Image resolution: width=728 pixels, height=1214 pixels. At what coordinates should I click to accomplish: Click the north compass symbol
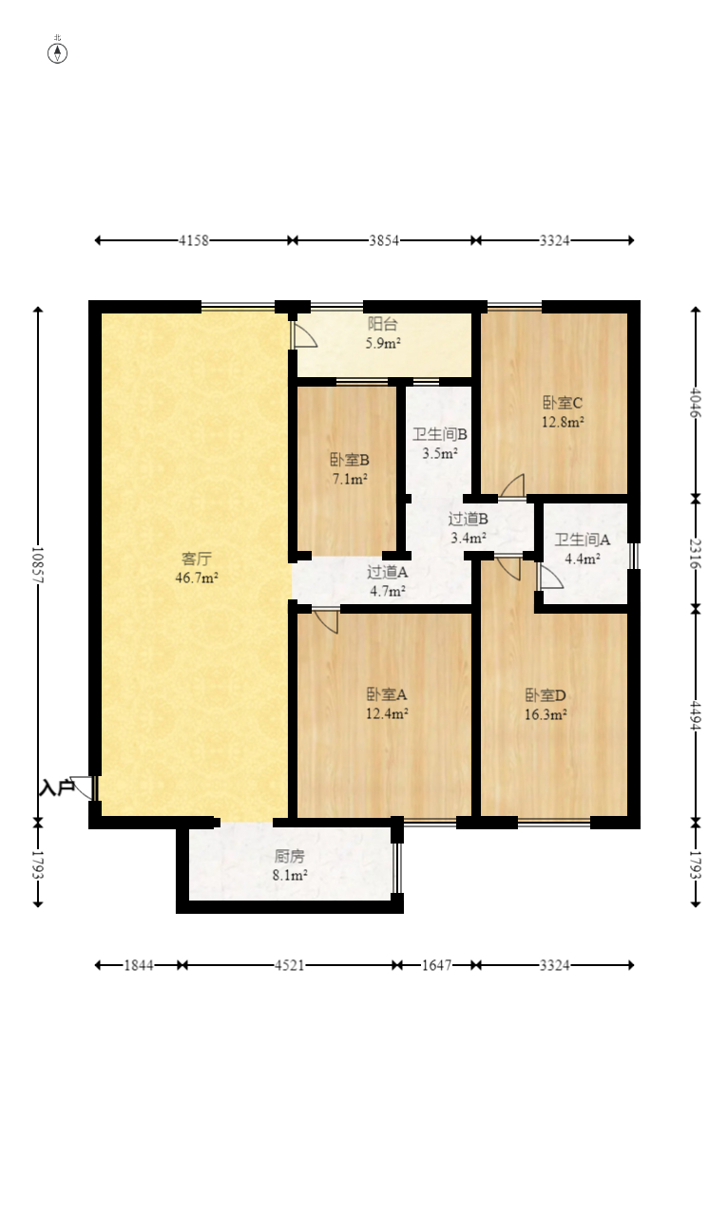(57, 53)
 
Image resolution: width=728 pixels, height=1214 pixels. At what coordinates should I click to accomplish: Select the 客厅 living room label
(196, 559)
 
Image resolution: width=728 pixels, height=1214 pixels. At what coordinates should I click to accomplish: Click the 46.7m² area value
(196, 578)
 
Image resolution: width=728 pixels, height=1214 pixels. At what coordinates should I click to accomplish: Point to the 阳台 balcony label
(383, 324)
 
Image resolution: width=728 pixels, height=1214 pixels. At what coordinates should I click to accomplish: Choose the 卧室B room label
(350, 460)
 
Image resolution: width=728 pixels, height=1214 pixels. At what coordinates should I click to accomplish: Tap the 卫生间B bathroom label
(440, 434)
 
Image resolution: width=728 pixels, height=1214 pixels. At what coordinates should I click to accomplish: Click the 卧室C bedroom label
(563, 403)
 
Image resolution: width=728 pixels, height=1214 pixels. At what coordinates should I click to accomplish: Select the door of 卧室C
(512, 485)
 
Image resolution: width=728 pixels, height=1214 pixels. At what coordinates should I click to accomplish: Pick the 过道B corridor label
(468, 519)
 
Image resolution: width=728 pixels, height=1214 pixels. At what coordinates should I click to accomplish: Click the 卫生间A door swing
(550, 577)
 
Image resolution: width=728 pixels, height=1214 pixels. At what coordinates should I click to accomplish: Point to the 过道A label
(387, 572)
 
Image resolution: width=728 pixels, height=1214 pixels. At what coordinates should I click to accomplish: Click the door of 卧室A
(326, 621)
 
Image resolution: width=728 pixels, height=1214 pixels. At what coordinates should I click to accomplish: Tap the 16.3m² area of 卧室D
(546, 714)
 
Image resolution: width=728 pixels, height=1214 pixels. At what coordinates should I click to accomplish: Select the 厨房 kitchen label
(290, 856)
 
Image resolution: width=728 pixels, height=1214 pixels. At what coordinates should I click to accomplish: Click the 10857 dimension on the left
(38, 564)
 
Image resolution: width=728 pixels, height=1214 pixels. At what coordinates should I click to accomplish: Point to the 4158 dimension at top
(194, 240)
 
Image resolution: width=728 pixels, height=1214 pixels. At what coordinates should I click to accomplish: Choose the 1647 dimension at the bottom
(436, 965)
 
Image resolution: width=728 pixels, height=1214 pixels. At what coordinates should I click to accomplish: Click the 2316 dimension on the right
(696, 554)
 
